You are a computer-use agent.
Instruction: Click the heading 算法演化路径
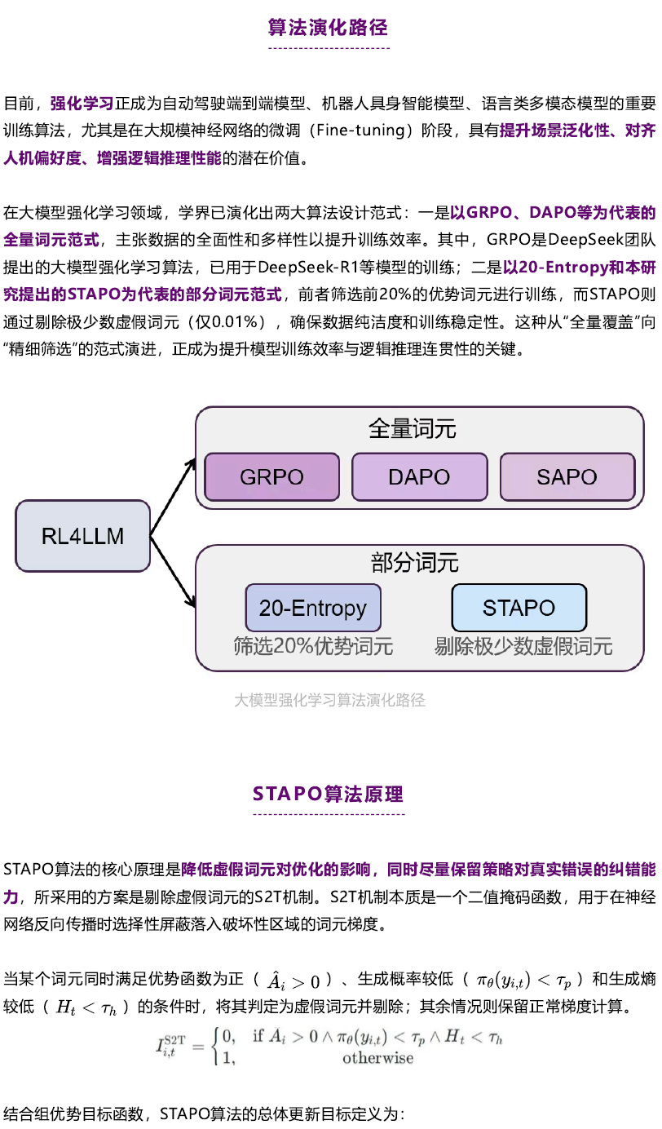pos(329,28)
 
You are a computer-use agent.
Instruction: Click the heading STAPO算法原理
pos(329,794)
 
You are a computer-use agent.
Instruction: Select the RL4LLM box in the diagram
pos(82,536)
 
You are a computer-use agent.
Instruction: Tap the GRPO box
pos(272,476)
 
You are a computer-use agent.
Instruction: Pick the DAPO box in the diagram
pos(420,476)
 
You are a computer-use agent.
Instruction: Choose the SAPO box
pos(567,476)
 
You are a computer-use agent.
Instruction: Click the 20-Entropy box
pos(313,608)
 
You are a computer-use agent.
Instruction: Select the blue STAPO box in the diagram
pos(519,608)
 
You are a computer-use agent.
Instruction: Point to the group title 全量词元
pos(413,429)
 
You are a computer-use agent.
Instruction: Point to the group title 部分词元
pos(414,562)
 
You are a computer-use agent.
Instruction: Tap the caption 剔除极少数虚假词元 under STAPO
pos(523,648)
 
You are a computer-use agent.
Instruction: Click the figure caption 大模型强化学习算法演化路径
pos(329,700)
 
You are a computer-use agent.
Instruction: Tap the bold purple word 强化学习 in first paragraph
pos(82,104)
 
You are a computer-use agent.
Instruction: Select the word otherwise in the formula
pos(377,1058)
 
